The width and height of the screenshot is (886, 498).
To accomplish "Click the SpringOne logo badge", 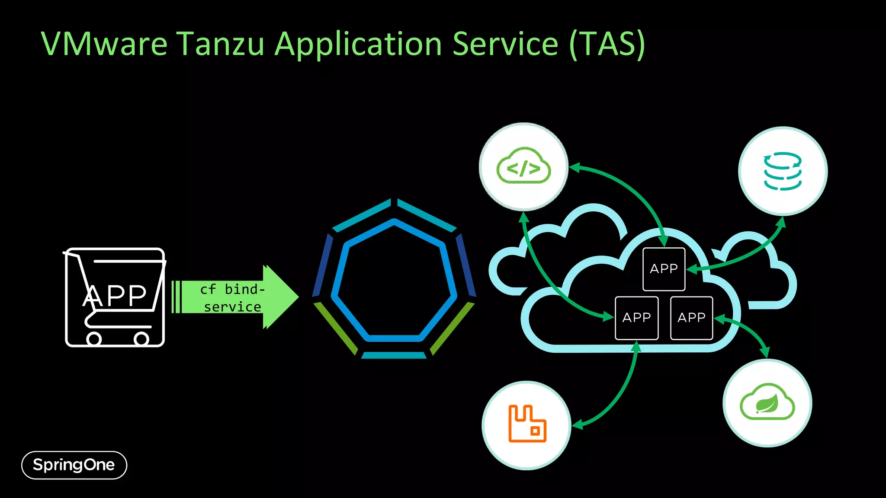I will pos(74,465).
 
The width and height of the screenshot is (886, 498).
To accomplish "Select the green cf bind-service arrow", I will pos(236,297).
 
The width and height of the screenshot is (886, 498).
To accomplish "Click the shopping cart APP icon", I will pos(115,297).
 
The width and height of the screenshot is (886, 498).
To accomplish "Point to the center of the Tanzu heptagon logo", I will pos(394,281).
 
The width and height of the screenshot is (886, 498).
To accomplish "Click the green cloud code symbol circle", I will pos(523,167).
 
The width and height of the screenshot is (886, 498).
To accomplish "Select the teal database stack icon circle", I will pos(783,171).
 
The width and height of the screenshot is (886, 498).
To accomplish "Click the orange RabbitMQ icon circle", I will pos(526,425).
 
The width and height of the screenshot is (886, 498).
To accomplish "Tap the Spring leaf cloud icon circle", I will pos(767,402).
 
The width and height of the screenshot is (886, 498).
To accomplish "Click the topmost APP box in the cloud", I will pos(664,269).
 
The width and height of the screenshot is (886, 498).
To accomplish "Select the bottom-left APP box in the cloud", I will pos(636,318).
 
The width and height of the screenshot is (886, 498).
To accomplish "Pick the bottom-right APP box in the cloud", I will pos(691,318).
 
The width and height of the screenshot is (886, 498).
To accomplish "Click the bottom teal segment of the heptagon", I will pos(394,355).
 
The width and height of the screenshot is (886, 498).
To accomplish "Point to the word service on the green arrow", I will pos(232,307).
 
